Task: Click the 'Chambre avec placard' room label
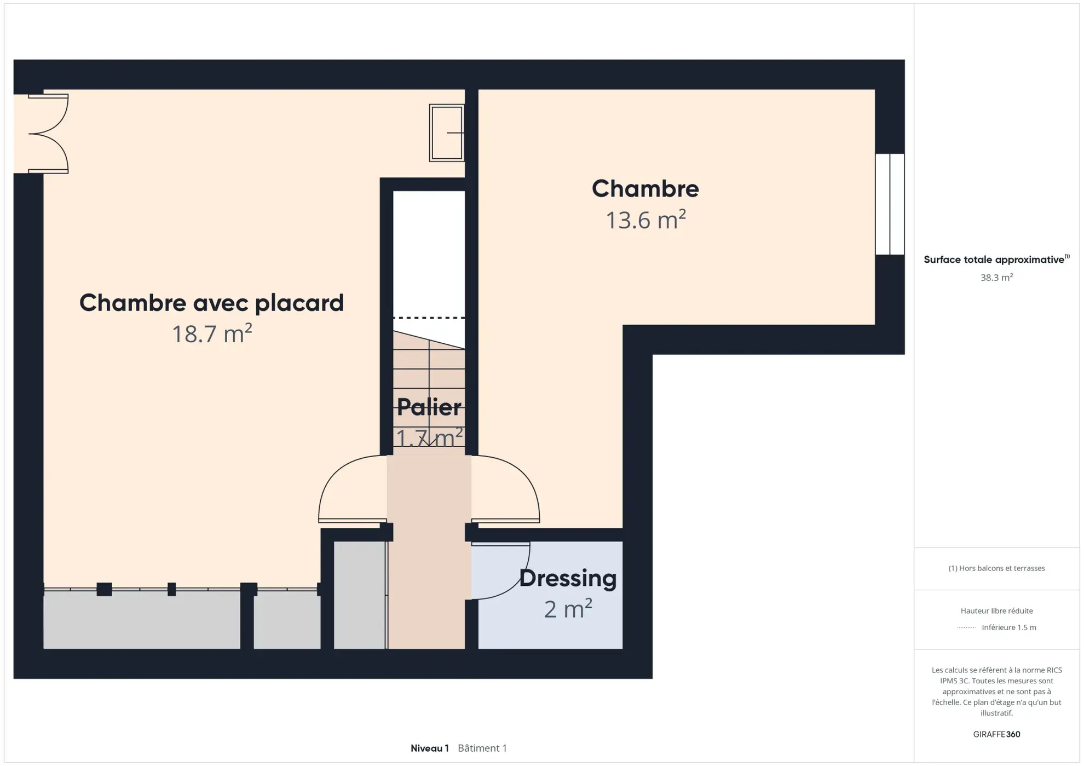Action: [x=211, y=303]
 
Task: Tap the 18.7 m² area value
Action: [x=211, y=334]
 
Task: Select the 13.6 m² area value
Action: [x=645, y=220]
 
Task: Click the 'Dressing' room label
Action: [x=567, y=578]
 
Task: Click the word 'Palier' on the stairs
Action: [x=429, y=407]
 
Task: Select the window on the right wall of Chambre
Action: [x=889, y=204]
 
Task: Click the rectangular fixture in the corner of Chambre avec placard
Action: [x=446, y=133]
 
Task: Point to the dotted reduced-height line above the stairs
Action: [x=429, y=318]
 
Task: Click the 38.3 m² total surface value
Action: [x=996, y=278]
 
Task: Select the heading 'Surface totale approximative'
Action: [x=994, y=260]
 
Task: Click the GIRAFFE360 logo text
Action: [x=996, y=734]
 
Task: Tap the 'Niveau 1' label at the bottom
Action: [x=429, y=748]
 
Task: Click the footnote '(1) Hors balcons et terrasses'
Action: [x=996, y=568]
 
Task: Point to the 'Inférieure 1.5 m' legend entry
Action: [x=1008, y=627]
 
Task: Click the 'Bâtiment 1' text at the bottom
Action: [x=482, y=748]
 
